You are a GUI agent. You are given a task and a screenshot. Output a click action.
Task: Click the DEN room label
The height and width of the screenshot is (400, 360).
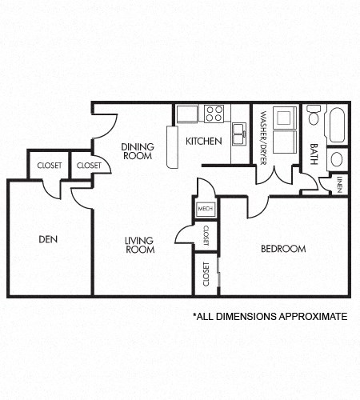[48, 238]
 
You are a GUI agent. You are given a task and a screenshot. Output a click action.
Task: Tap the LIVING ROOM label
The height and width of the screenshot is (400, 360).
[139, 244]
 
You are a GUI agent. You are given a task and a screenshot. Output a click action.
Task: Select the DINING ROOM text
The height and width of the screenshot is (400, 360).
[137, 151]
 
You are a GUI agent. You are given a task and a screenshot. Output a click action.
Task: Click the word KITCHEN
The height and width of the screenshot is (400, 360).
[203, 142]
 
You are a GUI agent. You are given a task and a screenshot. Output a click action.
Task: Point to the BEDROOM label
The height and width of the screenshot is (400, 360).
[283, 249]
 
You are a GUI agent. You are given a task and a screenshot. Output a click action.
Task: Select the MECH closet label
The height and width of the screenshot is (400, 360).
[203, 210]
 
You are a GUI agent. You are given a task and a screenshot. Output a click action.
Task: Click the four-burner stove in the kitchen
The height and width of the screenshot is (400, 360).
[214, 114]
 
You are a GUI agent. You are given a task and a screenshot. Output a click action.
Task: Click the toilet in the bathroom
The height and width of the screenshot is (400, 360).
[314, 119]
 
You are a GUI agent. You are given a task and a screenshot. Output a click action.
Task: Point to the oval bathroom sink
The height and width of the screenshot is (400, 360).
[337, 158]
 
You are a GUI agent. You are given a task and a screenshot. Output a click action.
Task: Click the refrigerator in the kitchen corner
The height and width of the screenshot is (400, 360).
[186, 114]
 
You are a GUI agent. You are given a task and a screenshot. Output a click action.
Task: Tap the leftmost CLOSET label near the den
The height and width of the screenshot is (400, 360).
[49, 166]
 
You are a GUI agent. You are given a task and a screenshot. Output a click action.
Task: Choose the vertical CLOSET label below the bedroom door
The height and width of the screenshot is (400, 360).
[206, 274]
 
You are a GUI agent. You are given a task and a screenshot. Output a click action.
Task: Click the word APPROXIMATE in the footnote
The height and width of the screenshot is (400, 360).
[312, 317]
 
